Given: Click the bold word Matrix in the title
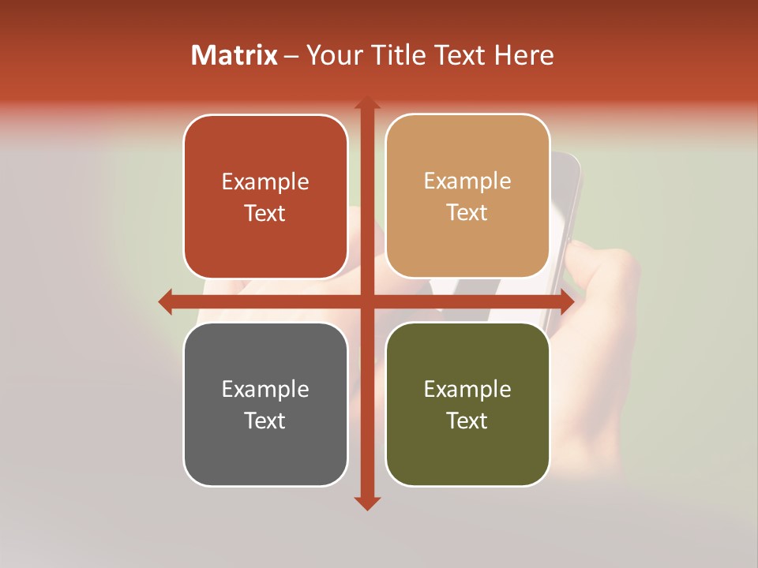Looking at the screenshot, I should click(x=235, y=55).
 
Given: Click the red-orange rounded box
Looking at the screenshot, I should click(x=265, y=196).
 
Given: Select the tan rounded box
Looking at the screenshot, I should click(x=467, y=196).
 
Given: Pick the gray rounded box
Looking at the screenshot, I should click(x=265, y=405).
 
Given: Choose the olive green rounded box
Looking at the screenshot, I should click(x=467, y=405).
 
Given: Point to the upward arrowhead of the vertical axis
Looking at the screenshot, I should click(x=366, y=103).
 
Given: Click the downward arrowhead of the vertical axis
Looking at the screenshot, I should click(x=366, y=503).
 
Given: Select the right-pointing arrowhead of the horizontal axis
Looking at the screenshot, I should click(x=566, y=301).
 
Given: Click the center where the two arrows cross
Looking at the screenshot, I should click(x=366, y=301).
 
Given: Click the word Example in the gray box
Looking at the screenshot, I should click(x=265, y=389).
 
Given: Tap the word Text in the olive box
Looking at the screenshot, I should click(x=467, y=421).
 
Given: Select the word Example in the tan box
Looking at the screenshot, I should click(x=467, y=181).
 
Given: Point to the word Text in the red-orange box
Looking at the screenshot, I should click(x=265, y=213).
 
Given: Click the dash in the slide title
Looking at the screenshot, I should click(x=291, y=56).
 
